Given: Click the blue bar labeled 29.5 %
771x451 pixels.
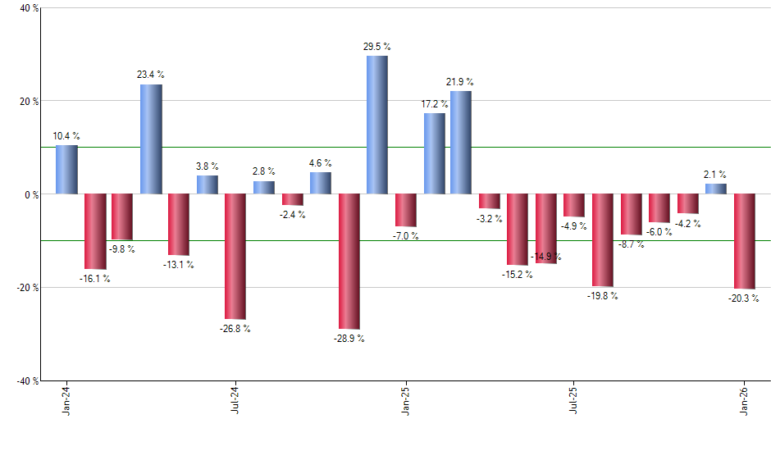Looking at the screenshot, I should coord(376,125).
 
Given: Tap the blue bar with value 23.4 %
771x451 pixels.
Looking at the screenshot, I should coord(151,139).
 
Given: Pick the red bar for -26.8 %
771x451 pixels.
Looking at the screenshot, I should coord(235,256).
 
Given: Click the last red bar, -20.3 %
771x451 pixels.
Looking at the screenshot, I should coord(744,241).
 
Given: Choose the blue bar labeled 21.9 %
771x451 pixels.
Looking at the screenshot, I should coord(461,143).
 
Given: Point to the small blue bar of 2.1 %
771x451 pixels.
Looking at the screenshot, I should coord(716,189).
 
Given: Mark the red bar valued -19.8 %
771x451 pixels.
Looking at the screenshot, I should coord(603,240).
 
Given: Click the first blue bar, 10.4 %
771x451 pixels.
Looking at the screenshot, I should coord(66,170).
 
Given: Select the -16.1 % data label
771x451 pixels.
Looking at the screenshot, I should coord(95,279).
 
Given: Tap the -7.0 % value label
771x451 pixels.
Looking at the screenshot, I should coord(405,236).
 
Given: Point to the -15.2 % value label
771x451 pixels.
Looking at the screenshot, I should coord(518,275).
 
